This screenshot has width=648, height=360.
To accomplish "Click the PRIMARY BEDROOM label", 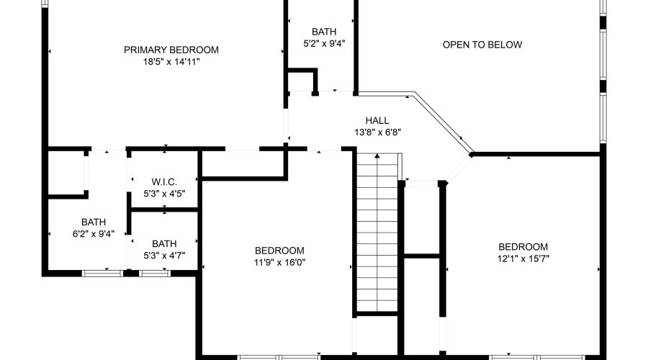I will [171, 50].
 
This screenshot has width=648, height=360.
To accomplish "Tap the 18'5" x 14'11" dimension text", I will [171, 62].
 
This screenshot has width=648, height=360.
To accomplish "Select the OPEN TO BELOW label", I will [482, 45].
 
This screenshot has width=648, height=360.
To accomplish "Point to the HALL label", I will [377, 120].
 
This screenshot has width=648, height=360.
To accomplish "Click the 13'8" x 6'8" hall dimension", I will [377, 132].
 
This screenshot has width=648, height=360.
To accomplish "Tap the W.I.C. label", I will [164, 181].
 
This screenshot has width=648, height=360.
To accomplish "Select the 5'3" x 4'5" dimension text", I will [164, 193].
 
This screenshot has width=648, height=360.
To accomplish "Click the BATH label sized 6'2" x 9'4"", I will [93, 222].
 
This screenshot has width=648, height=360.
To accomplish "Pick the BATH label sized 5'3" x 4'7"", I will [164, 243].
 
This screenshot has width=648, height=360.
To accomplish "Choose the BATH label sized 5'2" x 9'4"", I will [323, 32].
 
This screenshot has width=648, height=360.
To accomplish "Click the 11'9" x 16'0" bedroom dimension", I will [280, 262].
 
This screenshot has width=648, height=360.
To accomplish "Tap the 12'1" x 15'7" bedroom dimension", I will [523, 258].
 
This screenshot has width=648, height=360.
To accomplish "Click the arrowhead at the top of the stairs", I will [377, 156].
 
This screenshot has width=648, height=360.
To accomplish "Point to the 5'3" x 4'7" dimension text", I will [164, 255].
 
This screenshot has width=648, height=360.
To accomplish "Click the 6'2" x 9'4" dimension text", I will [93, 233].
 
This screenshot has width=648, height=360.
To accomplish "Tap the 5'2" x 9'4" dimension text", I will [323, 43].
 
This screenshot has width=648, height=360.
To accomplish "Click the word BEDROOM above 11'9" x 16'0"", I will [280, 251].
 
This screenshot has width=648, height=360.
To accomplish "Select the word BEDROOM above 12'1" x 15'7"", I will [523, 246].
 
